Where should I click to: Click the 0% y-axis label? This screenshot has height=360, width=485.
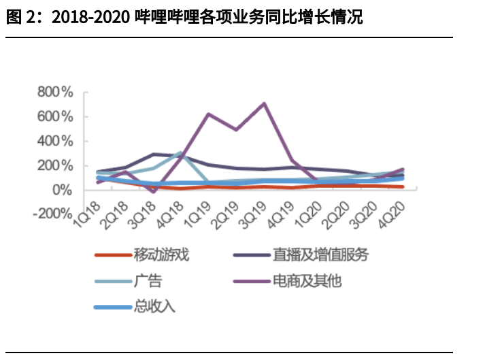coord(62,190)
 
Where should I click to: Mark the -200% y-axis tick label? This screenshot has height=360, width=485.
coord(52,214)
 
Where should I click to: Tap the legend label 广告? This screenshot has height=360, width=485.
coord(148,280)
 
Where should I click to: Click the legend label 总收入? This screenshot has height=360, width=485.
coord(154,306)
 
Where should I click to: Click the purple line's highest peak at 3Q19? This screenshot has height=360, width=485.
coord(264,103)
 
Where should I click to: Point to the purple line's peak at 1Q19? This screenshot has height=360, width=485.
coord(209,114)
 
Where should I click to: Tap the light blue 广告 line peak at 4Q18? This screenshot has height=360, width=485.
coord(181,152)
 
